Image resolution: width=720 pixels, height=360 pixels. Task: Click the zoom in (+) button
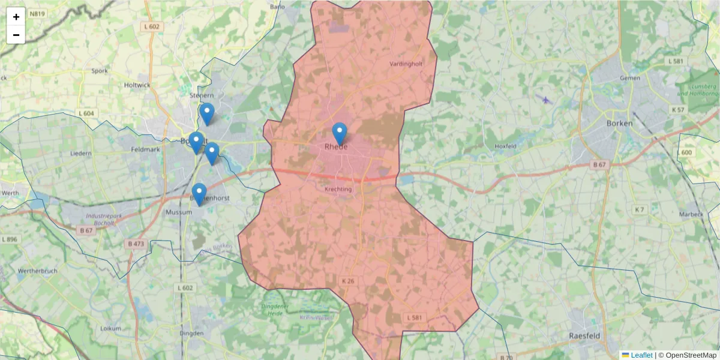coord(16,17)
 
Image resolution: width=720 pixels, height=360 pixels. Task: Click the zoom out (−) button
coord(16,35)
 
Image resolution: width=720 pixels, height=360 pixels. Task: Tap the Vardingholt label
coord(406,64)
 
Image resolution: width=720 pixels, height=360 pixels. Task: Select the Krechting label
coord(338,189)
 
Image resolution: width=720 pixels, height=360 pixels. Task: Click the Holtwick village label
coord(137,85)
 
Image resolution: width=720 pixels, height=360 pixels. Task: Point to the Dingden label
coord(191,333)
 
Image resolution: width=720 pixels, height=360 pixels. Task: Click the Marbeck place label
coord(691,214)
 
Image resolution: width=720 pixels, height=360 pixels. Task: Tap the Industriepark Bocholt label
coord(91,219)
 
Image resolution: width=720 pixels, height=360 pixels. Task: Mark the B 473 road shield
coord(136,244)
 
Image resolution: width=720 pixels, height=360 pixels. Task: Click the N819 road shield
coord(37,13)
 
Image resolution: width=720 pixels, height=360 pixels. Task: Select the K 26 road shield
coord(348,281)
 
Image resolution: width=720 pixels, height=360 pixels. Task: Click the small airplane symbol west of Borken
coord(546,100)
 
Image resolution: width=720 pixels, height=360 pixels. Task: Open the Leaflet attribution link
coord(641,355)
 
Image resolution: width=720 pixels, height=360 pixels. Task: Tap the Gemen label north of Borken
coord(630,78)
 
